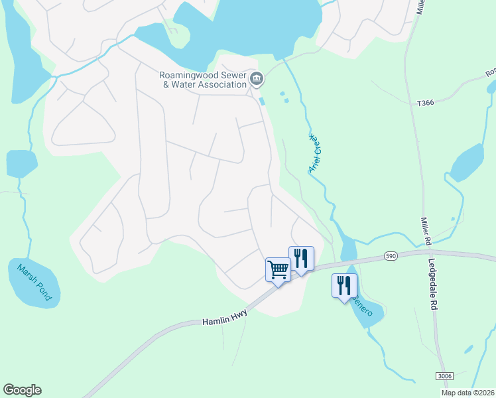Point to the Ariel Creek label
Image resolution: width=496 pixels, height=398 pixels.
[x=316, y=153]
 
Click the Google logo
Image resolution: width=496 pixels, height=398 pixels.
[x=23, y=390]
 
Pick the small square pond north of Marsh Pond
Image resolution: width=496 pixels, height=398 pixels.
[x=21, y=164]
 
